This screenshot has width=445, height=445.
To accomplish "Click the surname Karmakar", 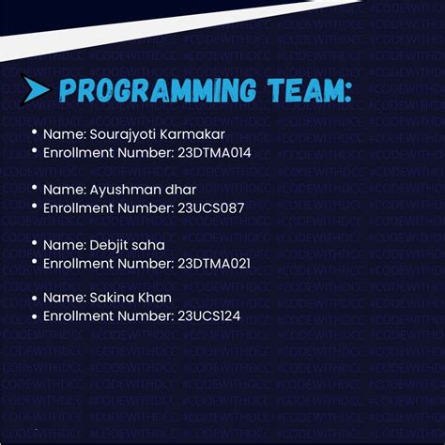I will coord(192,135).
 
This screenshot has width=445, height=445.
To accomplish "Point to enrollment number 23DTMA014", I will coord(214,151).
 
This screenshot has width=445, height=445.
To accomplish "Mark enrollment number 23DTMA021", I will coord(214,263).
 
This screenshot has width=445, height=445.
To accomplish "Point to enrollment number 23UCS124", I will coord(209,316).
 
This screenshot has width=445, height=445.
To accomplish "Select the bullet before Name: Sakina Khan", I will coord(35,298).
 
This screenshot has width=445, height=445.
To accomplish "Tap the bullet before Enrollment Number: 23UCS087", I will coord(35,207).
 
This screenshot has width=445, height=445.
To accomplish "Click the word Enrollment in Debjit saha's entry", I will coord(80,263).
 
